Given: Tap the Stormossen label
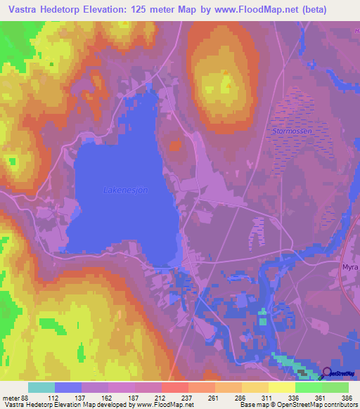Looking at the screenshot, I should [x=292, y=131].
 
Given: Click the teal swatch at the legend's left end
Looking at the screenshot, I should [x=41, y=387].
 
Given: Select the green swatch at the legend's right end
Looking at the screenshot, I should [x=335, y=387].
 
